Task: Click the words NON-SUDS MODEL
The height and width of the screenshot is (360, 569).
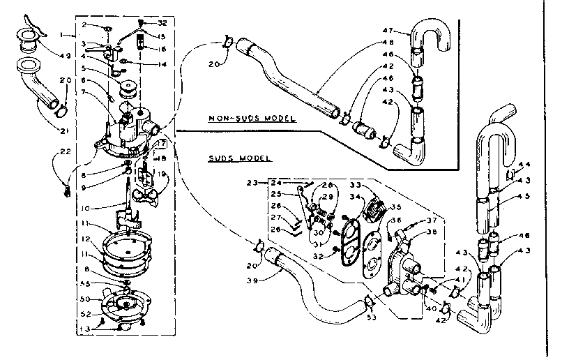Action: tap(252, 119)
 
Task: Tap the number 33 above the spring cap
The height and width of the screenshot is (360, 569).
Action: tap(354, 186)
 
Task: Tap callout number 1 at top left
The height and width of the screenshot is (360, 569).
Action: tap(62, 34)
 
